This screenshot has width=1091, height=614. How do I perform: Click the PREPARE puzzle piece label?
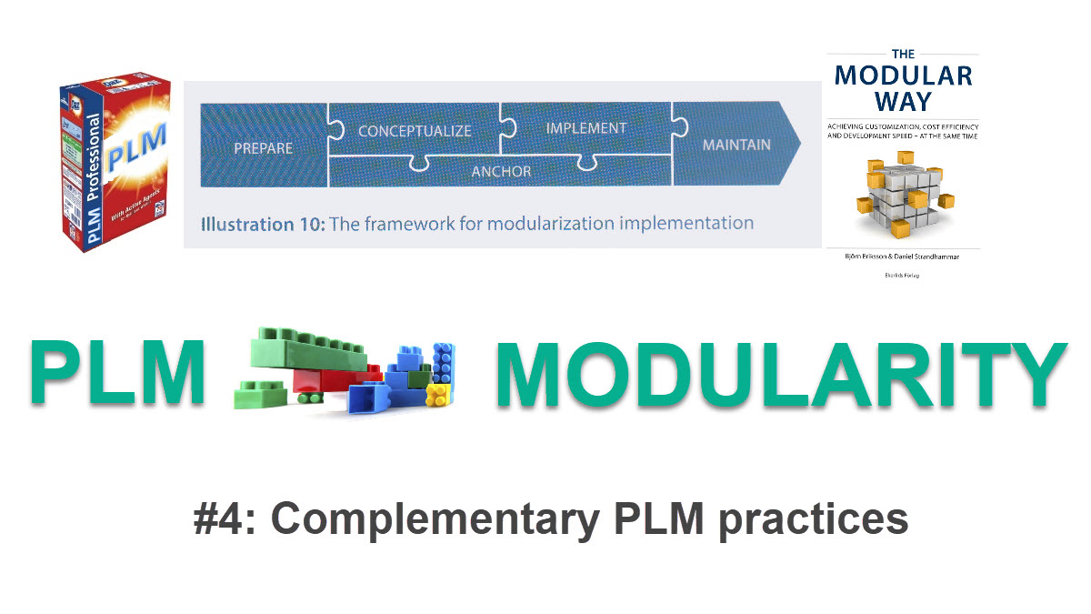(263, 148)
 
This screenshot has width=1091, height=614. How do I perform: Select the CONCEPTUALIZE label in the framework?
(415, 131)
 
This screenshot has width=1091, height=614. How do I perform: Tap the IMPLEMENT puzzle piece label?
(586, 128)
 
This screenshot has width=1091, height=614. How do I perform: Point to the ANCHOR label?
(501, 170)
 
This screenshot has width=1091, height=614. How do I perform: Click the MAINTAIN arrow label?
(736, 145)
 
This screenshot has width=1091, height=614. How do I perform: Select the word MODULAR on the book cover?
(903, 74)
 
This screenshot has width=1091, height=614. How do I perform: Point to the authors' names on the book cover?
(902, 257)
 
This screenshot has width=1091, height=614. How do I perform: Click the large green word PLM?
(117, 373)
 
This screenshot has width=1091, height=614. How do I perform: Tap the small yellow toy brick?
(438, 394)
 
